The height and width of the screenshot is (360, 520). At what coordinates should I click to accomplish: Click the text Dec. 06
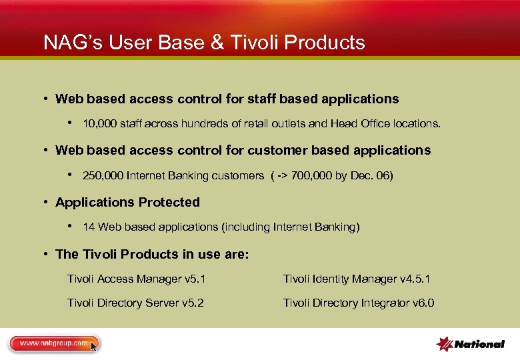click(371, 176)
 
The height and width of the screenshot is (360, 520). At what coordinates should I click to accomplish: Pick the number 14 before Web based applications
click(89, 227)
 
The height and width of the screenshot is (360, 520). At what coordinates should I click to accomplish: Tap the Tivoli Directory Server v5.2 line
click(135, 303)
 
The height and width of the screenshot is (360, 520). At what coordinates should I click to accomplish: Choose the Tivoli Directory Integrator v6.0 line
click(359, 303)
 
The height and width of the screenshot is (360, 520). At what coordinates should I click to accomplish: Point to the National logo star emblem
click(444, 344)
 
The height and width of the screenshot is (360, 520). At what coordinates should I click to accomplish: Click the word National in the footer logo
click(479, 345)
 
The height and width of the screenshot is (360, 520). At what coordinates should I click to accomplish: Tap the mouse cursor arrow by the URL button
click(94, 346)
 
